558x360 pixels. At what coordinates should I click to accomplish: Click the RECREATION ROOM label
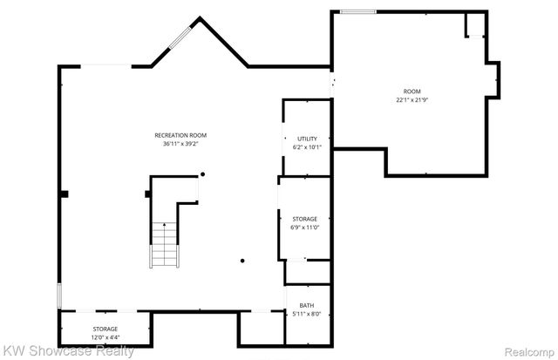(180, 135)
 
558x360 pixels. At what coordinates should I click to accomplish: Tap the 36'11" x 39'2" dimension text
(180, 144)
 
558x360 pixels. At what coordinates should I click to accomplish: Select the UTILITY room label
(307, 139)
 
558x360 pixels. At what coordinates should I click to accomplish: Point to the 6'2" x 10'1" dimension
(307, 147)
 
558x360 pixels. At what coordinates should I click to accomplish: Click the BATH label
(308, 304)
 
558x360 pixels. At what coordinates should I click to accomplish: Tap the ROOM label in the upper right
(412, 92)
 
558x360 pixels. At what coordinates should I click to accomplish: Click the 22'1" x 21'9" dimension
(412, 100)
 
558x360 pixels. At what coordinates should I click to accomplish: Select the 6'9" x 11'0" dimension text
(304, 228)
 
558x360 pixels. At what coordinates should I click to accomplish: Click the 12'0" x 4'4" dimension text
(105, 337)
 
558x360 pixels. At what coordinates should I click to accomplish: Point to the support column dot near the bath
(243, 260)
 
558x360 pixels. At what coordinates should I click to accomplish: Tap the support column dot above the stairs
(203, 174)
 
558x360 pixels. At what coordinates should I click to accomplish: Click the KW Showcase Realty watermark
(68, 351)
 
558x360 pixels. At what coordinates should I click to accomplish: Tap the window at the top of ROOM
(357, 11)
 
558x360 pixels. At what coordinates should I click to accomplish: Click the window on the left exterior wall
(59, 295)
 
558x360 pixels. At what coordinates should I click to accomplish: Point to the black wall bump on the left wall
(64, 194)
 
